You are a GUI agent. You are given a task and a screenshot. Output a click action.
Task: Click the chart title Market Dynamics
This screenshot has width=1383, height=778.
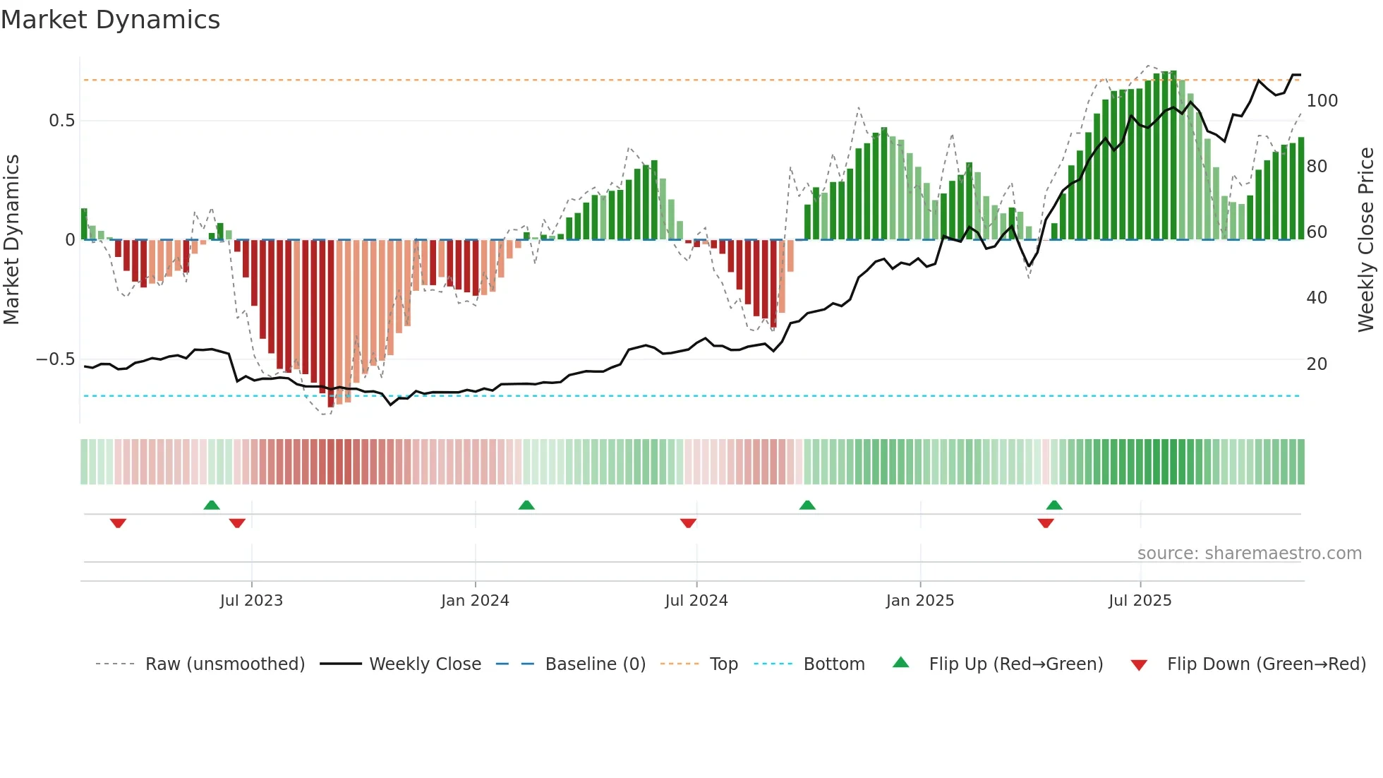110,20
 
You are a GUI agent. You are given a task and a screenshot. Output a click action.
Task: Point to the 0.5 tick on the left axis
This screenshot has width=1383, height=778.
61,121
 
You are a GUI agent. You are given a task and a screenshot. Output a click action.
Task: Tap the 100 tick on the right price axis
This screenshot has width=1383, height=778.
1322,101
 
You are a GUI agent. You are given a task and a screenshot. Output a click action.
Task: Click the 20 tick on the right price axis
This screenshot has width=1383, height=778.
1317,364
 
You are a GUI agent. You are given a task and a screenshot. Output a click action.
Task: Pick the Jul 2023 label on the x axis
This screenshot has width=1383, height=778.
251,601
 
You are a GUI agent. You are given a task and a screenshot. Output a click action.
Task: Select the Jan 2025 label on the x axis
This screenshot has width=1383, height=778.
919,601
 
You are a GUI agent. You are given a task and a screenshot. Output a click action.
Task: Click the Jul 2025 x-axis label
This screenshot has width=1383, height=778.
1140,601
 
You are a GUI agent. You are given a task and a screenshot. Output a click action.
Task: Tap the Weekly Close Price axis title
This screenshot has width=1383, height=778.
1366,240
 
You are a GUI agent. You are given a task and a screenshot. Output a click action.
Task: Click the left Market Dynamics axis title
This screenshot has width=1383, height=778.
11,240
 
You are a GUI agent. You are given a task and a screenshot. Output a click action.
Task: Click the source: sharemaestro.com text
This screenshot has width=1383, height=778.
1249,553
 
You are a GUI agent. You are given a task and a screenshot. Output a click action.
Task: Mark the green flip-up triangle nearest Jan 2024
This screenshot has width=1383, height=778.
526,505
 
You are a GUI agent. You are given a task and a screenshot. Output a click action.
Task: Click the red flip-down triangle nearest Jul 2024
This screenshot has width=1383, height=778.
688,523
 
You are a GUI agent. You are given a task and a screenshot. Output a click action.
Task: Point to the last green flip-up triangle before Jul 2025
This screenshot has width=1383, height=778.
1054,505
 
